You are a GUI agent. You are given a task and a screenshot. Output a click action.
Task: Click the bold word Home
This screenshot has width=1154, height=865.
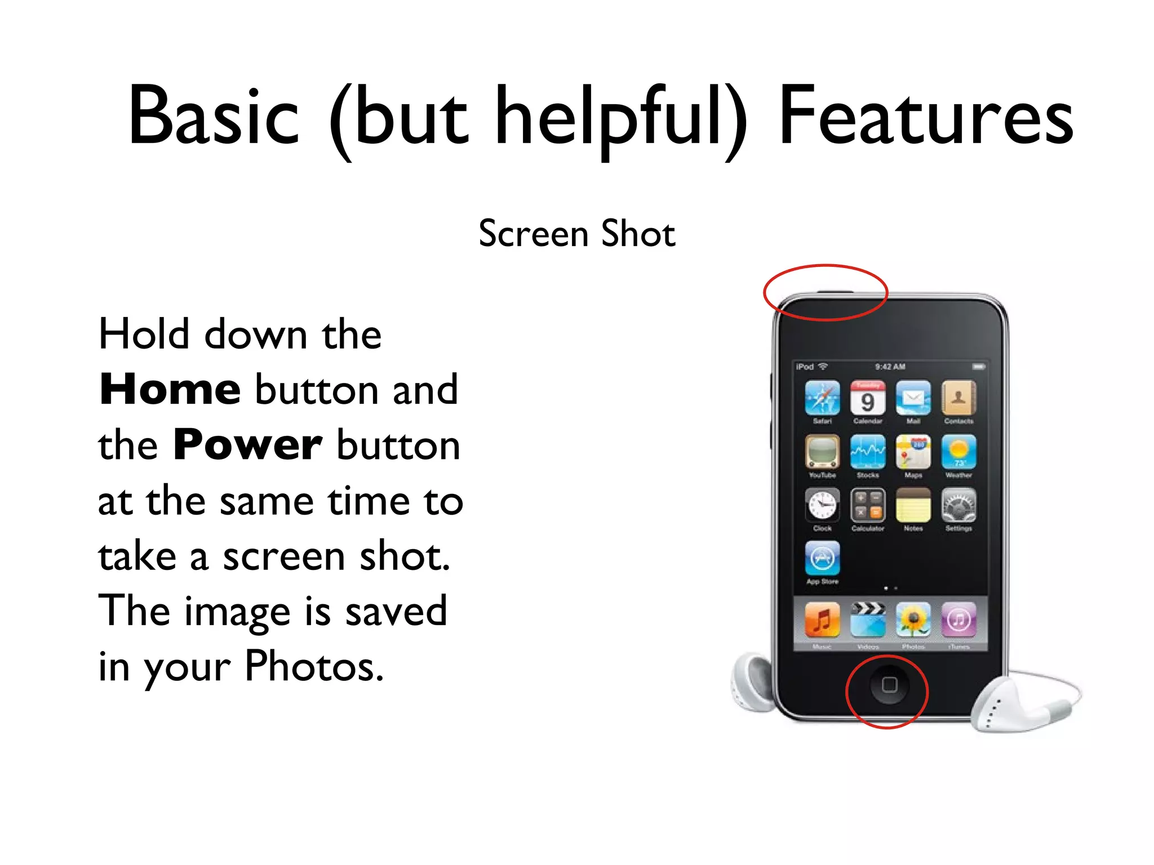pyautogui.click(x=170, y=390)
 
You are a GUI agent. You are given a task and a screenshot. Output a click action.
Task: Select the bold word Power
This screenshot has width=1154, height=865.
pyautogui.click(x=248, y=445)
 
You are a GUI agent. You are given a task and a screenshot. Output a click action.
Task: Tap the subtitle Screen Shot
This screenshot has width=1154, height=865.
pyautogui.click(x=576, y=234)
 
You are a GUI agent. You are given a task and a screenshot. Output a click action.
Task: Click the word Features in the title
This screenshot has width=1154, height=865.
pyautogui.click(x=926, y=117)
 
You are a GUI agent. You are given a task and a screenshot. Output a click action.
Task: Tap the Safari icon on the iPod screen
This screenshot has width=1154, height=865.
pyautogui.click(x=822, y=398)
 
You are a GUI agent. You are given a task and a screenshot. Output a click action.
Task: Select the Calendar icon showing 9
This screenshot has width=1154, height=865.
pyautogui.click(x=868, y=398)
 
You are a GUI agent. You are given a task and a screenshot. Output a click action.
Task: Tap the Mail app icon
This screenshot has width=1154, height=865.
pyautogui.click(x=913, y=398)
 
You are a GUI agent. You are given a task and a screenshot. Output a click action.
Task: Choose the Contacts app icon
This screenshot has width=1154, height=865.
pyautogui.click(x=958, y=398)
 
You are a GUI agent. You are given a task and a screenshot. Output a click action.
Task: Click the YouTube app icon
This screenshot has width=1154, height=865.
pyautogui.click(x=822, y=452)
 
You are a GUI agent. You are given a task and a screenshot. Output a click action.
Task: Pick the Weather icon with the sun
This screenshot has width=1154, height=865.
pyautogui.click(x=958, y=452)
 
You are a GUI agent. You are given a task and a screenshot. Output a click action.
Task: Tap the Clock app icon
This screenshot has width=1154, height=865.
pyautogui.click(x=822, y=505)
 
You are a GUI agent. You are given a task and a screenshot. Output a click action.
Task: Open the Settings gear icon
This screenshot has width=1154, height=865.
pyautogui.click(x=958, y=505)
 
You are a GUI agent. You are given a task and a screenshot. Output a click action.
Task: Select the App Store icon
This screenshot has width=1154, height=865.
pyautogui.click(x=822, y=558)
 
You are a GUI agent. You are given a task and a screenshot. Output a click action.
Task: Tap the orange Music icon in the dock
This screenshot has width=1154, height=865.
pyautogui.click(x=822, y=620)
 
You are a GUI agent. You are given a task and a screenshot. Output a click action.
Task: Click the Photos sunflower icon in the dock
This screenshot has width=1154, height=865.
pyautogui.click(x=913, y=620)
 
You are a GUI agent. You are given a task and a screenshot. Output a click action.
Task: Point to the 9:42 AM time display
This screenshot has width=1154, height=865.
pyautogui.click(x=890, y=367)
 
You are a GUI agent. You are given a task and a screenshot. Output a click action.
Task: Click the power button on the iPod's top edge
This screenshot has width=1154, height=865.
pyautogui.click(x=835, y=292)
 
